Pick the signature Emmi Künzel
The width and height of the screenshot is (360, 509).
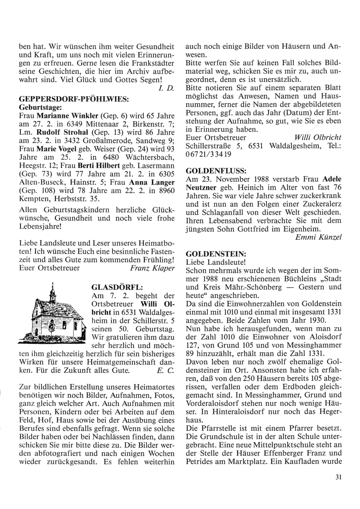coord(318,237)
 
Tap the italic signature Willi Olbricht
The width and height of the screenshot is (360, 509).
coord(318,137)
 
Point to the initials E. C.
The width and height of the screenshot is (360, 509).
coord(168,370)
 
